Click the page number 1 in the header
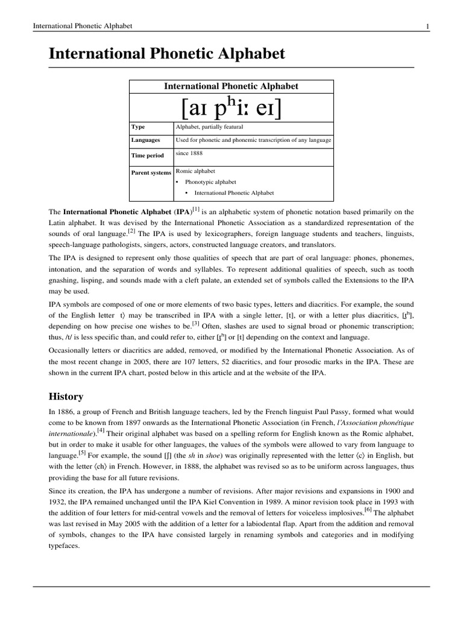pos(427,26)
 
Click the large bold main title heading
pos(166,55)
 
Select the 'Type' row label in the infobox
pos(138,127)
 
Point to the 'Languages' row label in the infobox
pos(146,140)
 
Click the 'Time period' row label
pos(148,155)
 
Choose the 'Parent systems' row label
pos(151,173)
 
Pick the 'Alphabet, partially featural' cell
pos(209,127)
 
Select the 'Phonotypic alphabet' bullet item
pos(210,182)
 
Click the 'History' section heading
pos(66,397)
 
